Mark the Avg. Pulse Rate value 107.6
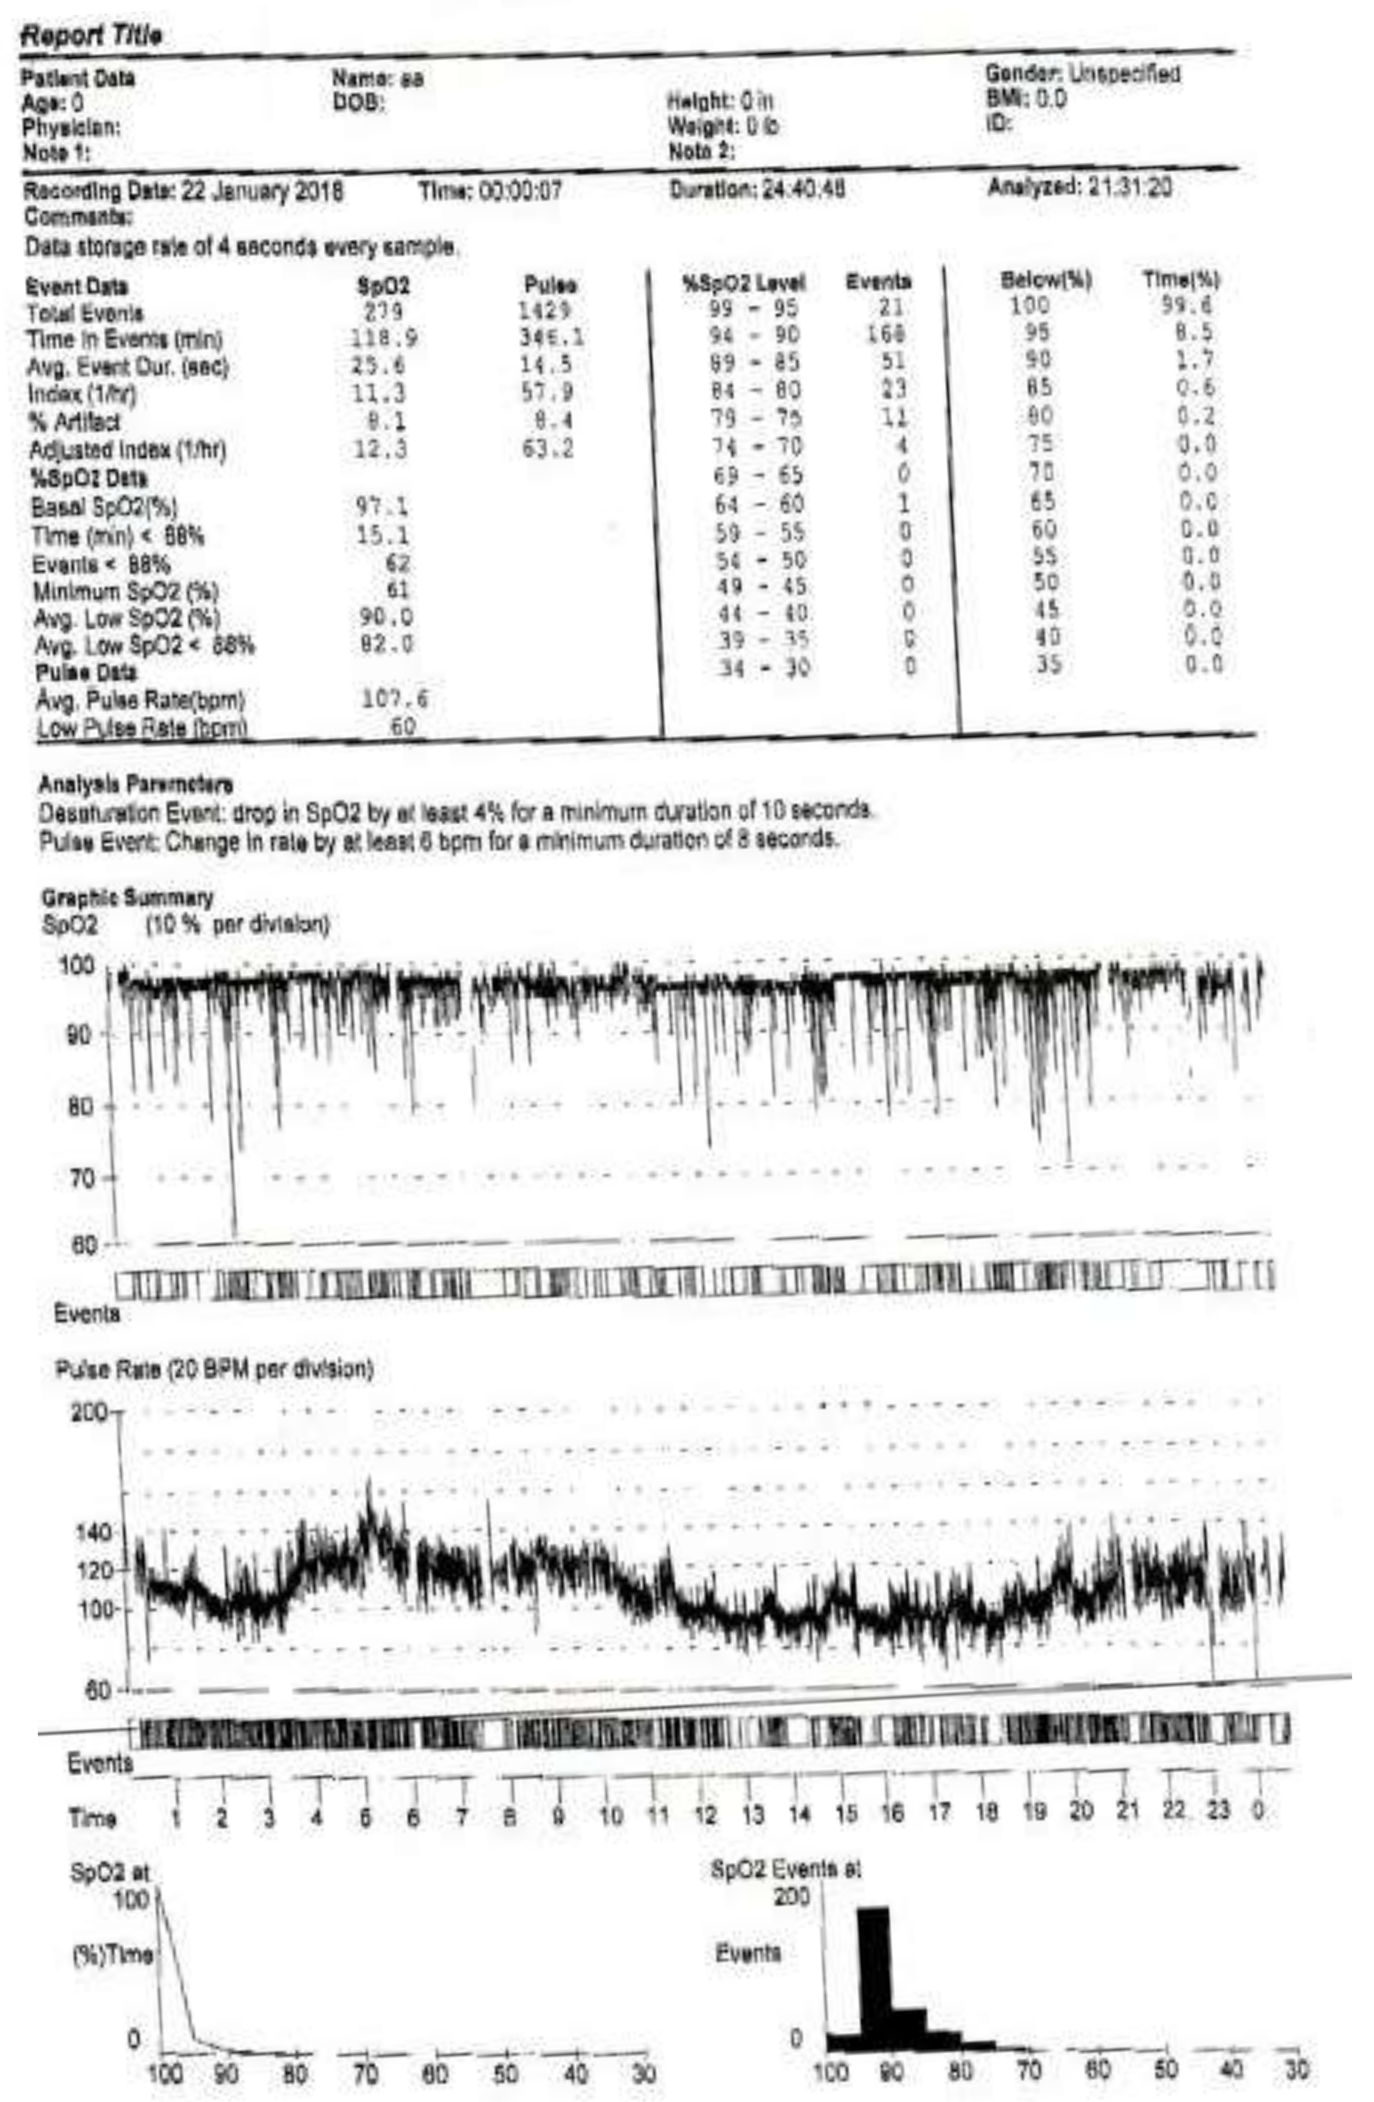[395, 699]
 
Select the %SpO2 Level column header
[744, 283]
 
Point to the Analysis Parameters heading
[135, 784]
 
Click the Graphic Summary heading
[127, 898]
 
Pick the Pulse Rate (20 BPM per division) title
[215, 1370]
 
